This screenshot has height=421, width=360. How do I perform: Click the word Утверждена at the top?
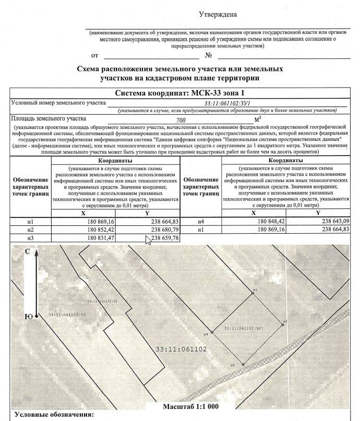[x=218, y=16]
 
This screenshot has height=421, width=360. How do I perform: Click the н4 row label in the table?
[x=201, y=222]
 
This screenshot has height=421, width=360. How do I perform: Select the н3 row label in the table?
[x=30, y=238]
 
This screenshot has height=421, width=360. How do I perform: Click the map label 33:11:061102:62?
[x=102, y=302]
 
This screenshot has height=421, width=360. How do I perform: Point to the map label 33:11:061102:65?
[x=67, y=315]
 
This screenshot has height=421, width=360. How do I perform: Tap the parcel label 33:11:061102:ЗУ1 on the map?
[x=242, y=329]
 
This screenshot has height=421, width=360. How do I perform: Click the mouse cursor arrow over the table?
[x=148, y=240]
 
